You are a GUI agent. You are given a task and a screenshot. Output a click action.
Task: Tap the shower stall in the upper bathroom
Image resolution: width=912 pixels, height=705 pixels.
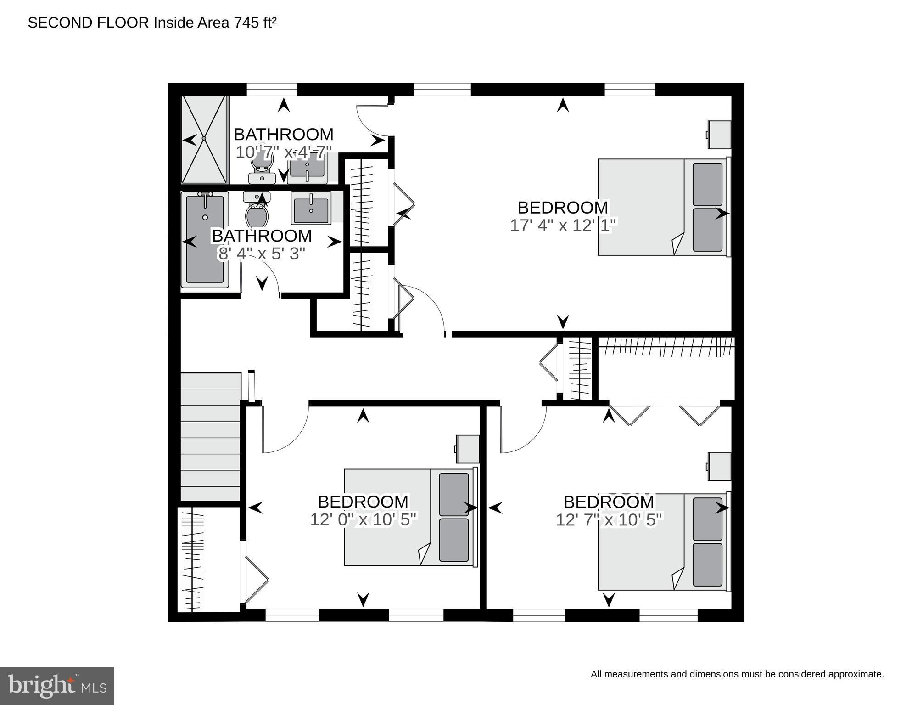coord(204,139)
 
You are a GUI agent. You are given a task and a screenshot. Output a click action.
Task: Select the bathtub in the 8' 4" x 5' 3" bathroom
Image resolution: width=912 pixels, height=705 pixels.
coord(205,239)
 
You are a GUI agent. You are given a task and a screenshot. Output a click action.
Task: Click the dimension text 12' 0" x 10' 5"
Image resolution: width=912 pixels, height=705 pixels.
coord(363,519)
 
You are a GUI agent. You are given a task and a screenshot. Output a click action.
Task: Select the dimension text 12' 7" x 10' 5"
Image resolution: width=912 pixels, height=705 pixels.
coord(609,520)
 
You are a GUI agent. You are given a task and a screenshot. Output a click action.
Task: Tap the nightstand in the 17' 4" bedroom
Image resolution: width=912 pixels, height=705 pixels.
coord(719,135)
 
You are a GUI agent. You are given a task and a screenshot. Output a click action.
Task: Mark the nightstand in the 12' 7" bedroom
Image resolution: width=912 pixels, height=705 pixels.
coord(719,467)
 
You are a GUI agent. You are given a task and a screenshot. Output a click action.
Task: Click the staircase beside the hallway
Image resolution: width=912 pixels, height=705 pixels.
coord(210,436)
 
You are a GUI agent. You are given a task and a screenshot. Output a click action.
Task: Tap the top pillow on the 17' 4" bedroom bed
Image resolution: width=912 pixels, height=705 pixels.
coord(707,184)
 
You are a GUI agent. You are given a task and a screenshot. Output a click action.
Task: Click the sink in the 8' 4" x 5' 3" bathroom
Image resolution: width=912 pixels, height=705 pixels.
coord(311,208)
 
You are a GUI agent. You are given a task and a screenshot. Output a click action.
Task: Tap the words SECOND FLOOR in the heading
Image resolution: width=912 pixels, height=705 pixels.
coord(88,23)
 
